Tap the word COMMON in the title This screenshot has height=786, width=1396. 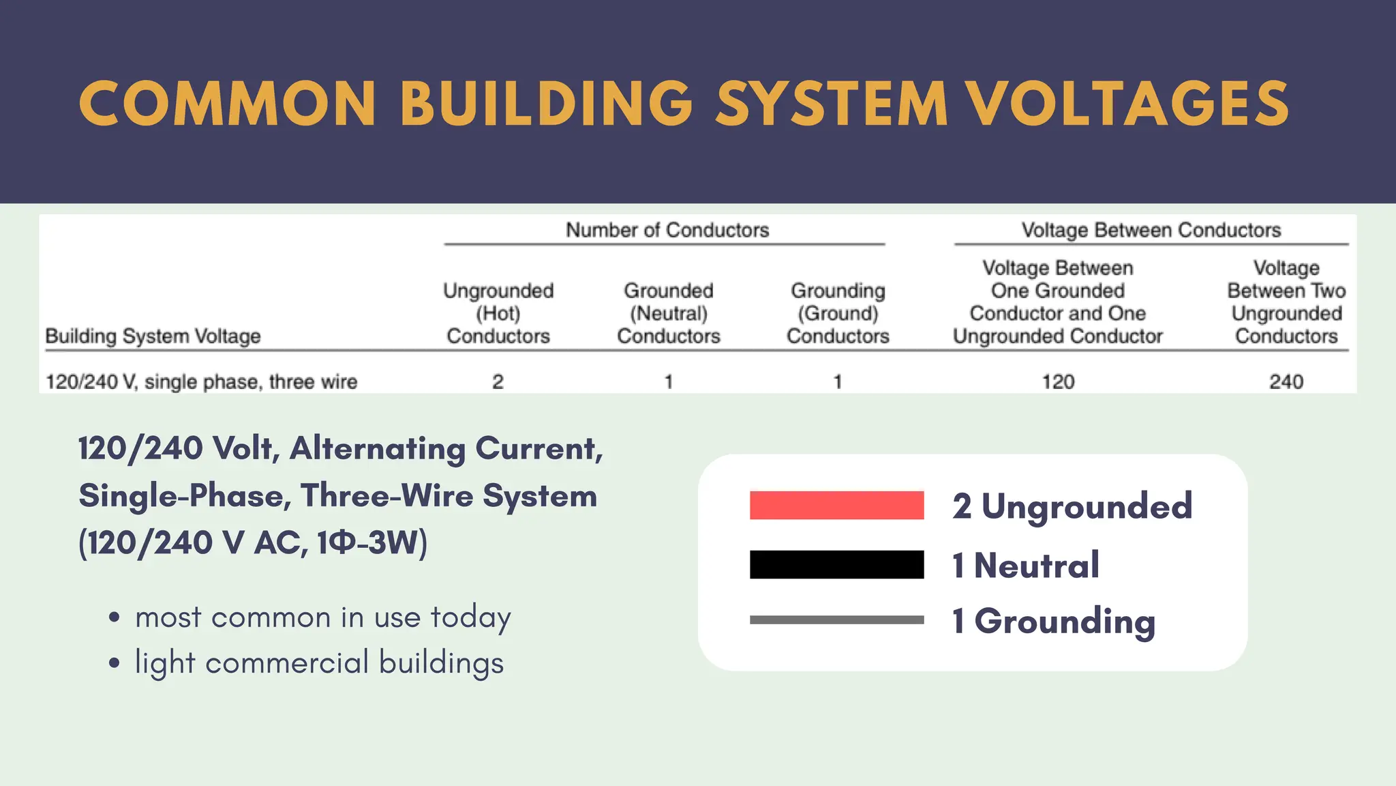click(x=227, y=104)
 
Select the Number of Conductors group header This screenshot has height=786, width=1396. click(x=667, y=230)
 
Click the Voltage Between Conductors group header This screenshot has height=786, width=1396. click(x=1151, y=230)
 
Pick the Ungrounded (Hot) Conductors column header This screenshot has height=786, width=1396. click(x=498, y=313)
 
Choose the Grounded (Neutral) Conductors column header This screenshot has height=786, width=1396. click(x=668, y=313)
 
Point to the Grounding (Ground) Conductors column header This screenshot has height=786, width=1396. click(x=838, y=313)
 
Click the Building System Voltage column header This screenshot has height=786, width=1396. click(x=153, y=336)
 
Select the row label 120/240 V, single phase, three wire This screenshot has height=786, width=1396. click(x=201, y=381)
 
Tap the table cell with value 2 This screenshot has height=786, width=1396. click(x=498, y=381)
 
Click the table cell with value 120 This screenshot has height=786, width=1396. click(x=1058, y=381)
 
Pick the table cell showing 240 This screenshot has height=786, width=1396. click(x=1286, y=381)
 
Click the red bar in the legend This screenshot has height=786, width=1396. click(x=836, y=506)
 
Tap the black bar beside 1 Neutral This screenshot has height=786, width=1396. click(x=836, y=565)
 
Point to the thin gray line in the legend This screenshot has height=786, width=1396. click(x=836, y=620)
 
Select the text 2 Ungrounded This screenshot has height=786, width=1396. click(x=1072, y=506)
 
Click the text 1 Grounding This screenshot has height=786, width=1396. click(x=1054, y=621)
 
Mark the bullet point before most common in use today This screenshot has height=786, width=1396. click(x=115, y=617)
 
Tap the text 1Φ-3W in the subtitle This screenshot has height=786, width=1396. click(x=372, y=543)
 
